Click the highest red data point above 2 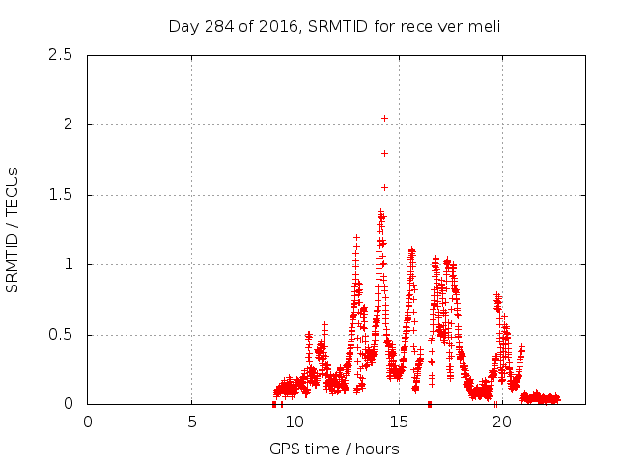(384, 118)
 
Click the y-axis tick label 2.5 (62, 55)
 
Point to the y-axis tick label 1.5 (62, 195)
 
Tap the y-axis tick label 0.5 (62, 335)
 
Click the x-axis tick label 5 (191, 422)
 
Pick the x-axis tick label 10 (295, 422)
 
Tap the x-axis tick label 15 (398, 422)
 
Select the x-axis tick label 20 (501, 422)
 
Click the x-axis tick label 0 (88, 422)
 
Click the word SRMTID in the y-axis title (14, 258)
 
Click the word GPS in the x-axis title (284, 449)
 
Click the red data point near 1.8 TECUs (384, 153)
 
